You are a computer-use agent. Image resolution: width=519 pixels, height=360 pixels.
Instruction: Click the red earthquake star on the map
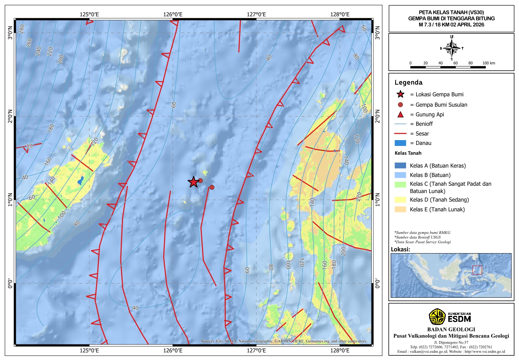(193, 182)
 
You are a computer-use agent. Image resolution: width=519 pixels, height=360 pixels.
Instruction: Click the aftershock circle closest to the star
(200, 181)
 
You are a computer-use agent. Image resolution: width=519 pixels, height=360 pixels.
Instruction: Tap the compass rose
(452, 48)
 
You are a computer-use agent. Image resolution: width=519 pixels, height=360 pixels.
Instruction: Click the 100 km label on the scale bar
(489, 63)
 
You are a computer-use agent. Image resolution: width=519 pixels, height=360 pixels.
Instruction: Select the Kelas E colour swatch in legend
(400, 210)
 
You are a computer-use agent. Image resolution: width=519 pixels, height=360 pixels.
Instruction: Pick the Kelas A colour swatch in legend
(400, 166)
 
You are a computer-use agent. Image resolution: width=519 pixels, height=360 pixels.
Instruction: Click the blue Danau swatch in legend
(400, 143)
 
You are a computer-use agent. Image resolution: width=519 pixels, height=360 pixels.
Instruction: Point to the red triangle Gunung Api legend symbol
(401, 114)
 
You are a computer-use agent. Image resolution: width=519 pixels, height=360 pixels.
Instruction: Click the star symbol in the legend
(401, 94)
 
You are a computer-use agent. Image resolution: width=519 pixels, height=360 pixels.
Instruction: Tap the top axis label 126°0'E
(173, 14)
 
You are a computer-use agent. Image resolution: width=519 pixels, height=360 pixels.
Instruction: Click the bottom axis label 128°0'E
(340, 351)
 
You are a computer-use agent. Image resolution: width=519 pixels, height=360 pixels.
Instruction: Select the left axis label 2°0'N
(10, 116)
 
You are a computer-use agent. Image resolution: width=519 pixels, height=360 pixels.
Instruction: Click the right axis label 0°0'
(377, 283)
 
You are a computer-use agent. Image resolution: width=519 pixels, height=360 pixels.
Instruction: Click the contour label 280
(22, 29)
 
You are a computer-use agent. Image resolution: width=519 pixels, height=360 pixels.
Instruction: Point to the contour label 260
(29, 42)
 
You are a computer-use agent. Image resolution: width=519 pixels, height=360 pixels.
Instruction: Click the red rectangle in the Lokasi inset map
(477, 270)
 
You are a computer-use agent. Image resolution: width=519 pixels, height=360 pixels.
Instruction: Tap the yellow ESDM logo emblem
(437, 317)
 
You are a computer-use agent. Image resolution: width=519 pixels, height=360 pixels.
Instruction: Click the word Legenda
(408, 82)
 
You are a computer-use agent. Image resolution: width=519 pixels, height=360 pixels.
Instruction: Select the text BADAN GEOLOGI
(451, 330)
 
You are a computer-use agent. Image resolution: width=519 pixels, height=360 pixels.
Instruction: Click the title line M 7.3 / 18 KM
(451, 25)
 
